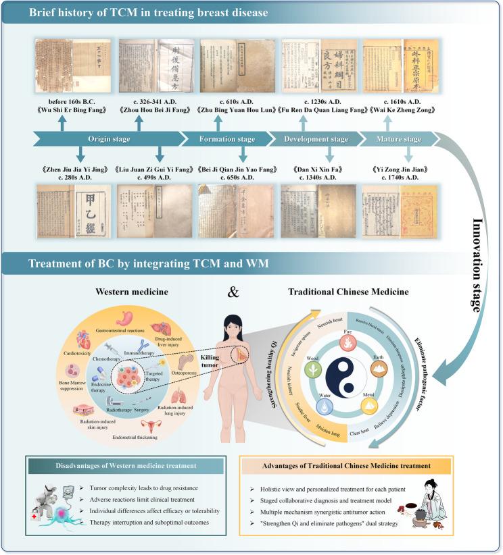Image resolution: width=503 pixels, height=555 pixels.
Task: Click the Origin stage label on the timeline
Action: pos(107,140)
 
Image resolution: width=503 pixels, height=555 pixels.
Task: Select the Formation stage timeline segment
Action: pos(227,140)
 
